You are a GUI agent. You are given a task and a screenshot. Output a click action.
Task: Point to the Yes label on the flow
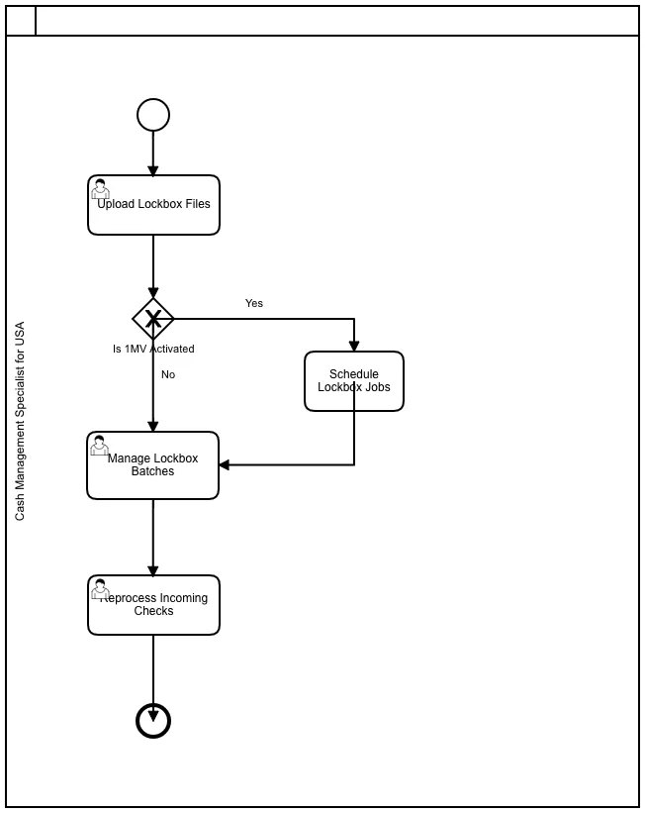pos(254,303)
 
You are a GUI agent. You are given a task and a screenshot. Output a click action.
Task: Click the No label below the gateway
pos(168,374)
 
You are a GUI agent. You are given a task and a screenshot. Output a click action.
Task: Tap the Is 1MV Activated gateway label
pos(153,349)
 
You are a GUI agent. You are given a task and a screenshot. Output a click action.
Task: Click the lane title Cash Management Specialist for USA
pos(20,421)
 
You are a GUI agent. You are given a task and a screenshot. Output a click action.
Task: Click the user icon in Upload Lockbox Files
pos(101,189)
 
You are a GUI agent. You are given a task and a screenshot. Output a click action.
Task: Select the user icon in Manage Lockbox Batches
pos(100,446)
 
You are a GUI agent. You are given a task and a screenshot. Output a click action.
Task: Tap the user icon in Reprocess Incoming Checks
pos(101,589)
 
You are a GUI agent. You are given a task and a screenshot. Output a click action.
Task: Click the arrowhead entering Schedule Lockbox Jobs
pos(354,346)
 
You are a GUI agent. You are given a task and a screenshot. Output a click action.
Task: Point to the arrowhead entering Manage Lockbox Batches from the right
pos(225,464)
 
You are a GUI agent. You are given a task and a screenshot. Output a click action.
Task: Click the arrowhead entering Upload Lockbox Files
pos(153,170)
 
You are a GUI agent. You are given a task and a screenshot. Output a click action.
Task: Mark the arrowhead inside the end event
pos(153,716)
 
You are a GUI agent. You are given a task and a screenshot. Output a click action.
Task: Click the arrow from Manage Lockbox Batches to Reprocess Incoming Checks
pos(153,538)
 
